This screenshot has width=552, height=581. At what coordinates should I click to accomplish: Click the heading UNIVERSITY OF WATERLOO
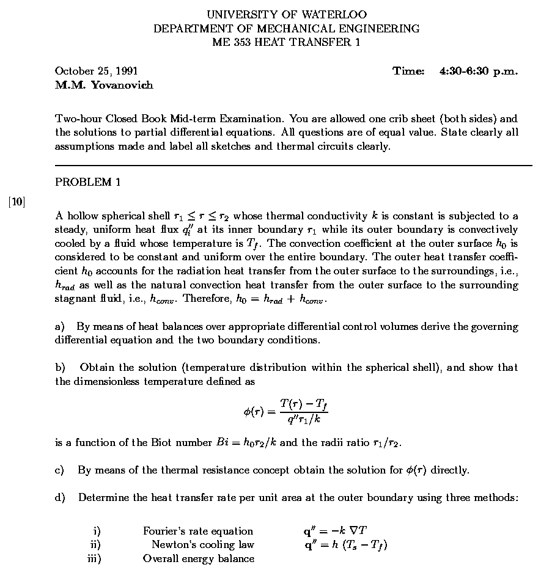tap(287, 14)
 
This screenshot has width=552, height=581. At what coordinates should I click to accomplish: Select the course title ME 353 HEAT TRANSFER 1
tap(287, 42)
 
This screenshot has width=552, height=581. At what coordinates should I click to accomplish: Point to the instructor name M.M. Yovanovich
tap(104, 85)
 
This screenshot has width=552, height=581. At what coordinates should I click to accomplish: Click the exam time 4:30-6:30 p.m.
tap(479, 71)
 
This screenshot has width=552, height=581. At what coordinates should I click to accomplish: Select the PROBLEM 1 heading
tap(84, 181)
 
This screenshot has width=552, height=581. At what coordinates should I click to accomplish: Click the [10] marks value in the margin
tap(17, 202)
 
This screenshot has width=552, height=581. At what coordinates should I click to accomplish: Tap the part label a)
tap(60, 327)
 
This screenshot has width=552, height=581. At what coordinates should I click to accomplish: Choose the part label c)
tap(60, 470)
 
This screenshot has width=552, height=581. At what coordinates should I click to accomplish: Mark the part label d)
tap(60, 498)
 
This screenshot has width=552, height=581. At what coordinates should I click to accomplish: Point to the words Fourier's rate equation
tap(198, 531)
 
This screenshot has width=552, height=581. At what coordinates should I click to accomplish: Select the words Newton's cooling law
tap(203, 544)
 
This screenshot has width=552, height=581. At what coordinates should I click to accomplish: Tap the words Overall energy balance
tap(199, 558)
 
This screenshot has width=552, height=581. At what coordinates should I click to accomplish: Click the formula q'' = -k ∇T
tap(331, 531)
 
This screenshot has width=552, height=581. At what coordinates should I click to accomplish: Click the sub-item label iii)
tap(94, 558)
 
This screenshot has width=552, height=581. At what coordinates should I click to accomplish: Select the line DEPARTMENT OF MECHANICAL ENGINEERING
tap(287, 28)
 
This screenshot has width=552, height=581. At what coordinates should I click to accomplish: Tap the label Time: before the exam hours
tap(408, 71)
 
